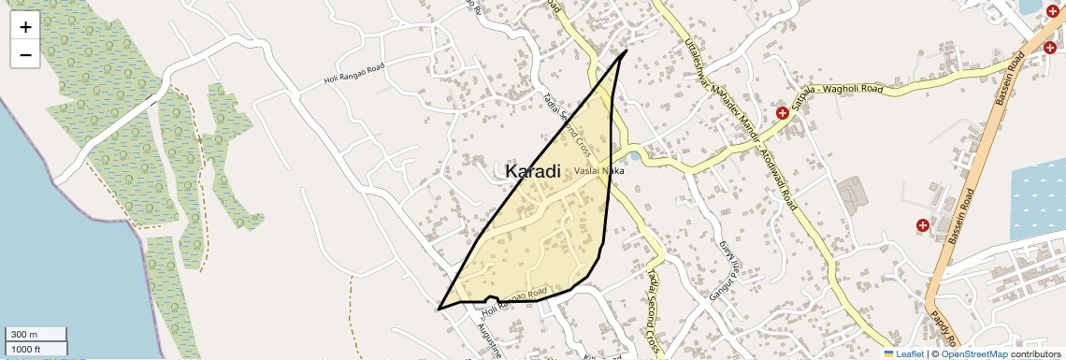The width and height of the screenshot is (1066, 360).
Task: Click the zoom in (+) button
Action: coord(25,27)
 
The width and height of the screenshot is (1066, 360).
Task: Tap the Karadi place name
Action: coord(533,171)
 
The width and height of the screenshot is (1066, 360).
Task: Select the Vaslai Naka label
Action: coord(598,171)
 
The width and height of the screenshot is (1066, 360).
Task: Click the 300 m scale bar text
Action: coord(23,335)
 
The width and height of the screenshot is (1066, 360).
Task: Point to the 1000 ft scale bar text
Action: coord(25,349)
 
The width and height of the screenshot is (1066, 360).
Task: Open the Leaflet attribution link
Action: coord(903,353)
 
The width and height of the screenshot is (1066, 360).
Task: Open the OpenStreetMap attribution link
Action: coord(973,353)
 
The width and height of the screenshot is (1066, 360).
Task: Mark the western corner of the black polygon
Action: coord(439,309)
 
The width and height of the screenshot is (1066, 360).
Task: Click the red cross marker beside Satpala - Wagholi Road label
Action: coord(782,113)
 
